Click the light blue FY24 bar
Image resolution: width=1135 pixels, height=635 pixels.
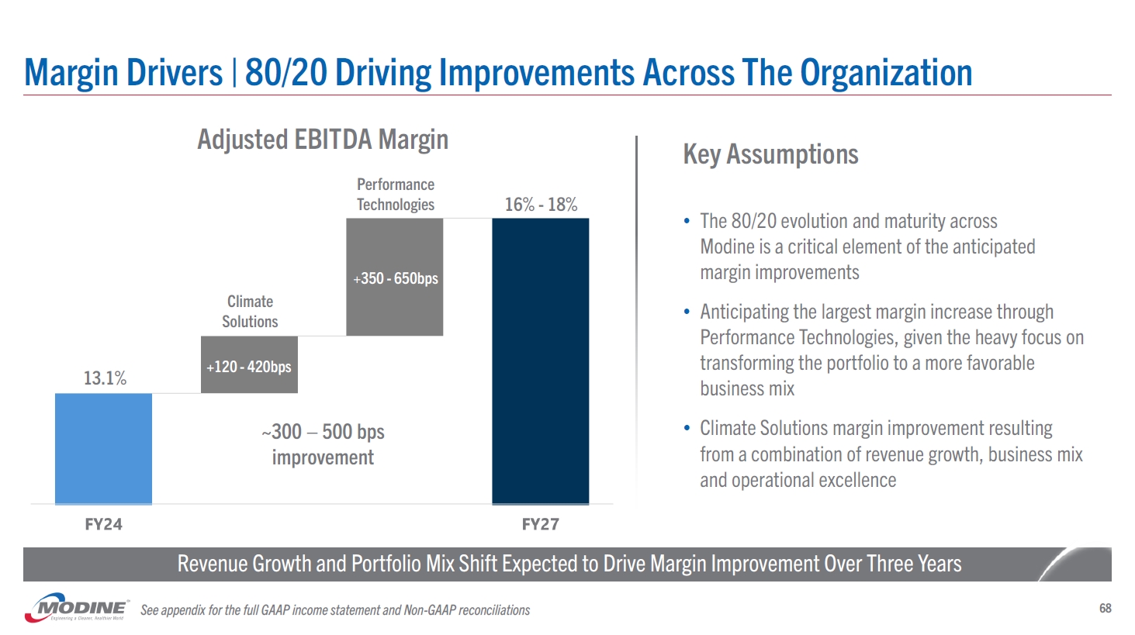[x=103, y=448]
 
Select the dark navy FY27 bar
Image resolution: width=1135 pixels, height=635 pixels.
[x=540, y=361]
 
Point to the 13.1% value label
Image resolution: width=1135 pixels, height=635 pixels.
[x=105, y=378]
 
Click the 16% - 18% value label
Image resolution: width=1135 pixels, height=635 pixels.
[x=541, y=205]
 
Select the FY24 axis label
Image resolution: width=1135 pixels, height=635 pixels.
[x=103, y=525]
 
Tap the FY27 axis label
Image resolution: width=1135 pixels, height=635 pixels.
[x=540, y=525]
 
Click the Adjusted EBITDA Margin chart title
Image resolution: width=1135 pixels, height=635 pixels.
[x=323, y=140]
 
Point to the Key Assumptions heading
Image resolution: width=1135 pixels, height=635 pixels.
[x=770, y=154]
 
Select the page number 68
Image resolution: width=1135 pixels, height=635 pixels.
[x=1105, y=609]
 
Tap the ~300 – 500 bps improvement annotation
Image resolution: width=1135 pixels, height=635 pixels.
[x=323, y=444]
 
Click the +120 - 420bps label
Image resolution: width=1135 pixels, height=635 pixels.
[x=249, y=367]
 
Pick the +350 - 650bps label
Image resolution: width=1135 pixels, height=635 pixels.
[x=396, y=278]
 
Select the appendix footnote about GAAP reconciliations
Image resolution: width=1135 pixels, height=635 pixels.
[x=335, y=610]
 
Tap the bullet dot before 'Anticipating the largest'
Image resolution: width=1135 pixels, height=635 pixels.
[x=687, y=312]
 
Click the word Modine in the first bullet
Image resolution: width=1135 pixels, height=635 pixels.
[x=728, y=247]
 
